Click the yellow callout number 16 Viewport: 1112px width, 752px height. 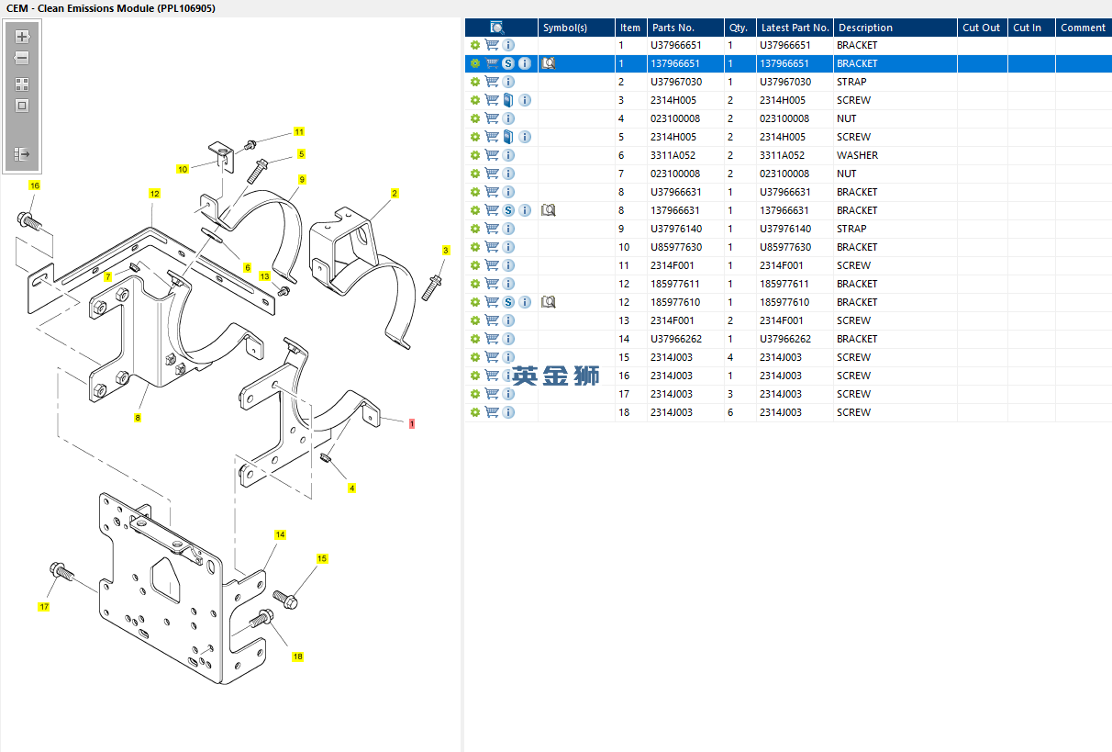[35, 185]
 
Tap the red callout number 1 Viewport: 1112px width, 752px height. [412, 423]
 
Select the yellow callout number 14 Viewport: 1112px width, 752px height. [281, 534]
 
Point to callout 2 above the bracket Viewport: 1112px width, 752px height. [395, 194]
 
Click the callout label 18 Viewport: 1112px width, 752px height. [297, 657]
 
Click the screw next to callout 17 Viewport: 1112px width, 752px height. [62, 573]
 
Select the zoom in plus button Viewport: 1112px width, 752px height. [23, 38]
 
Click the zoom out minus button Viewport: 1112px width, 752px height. [23, 58]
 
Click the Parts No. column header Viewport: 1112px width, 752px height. [673, 28]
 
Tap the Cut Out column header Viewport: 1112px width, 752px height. [981, 28]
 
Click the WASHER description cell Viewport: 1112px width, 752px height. [857, 155]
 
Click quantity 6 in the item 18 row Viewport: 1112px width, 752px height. [731, 412]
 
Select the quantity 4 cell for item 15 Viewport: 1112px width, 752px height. [731, 357]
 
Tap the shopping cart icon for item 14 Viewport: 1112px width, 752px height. [492, 339]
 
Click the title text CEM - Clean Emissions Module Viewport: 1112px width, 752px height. [111, 8]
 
